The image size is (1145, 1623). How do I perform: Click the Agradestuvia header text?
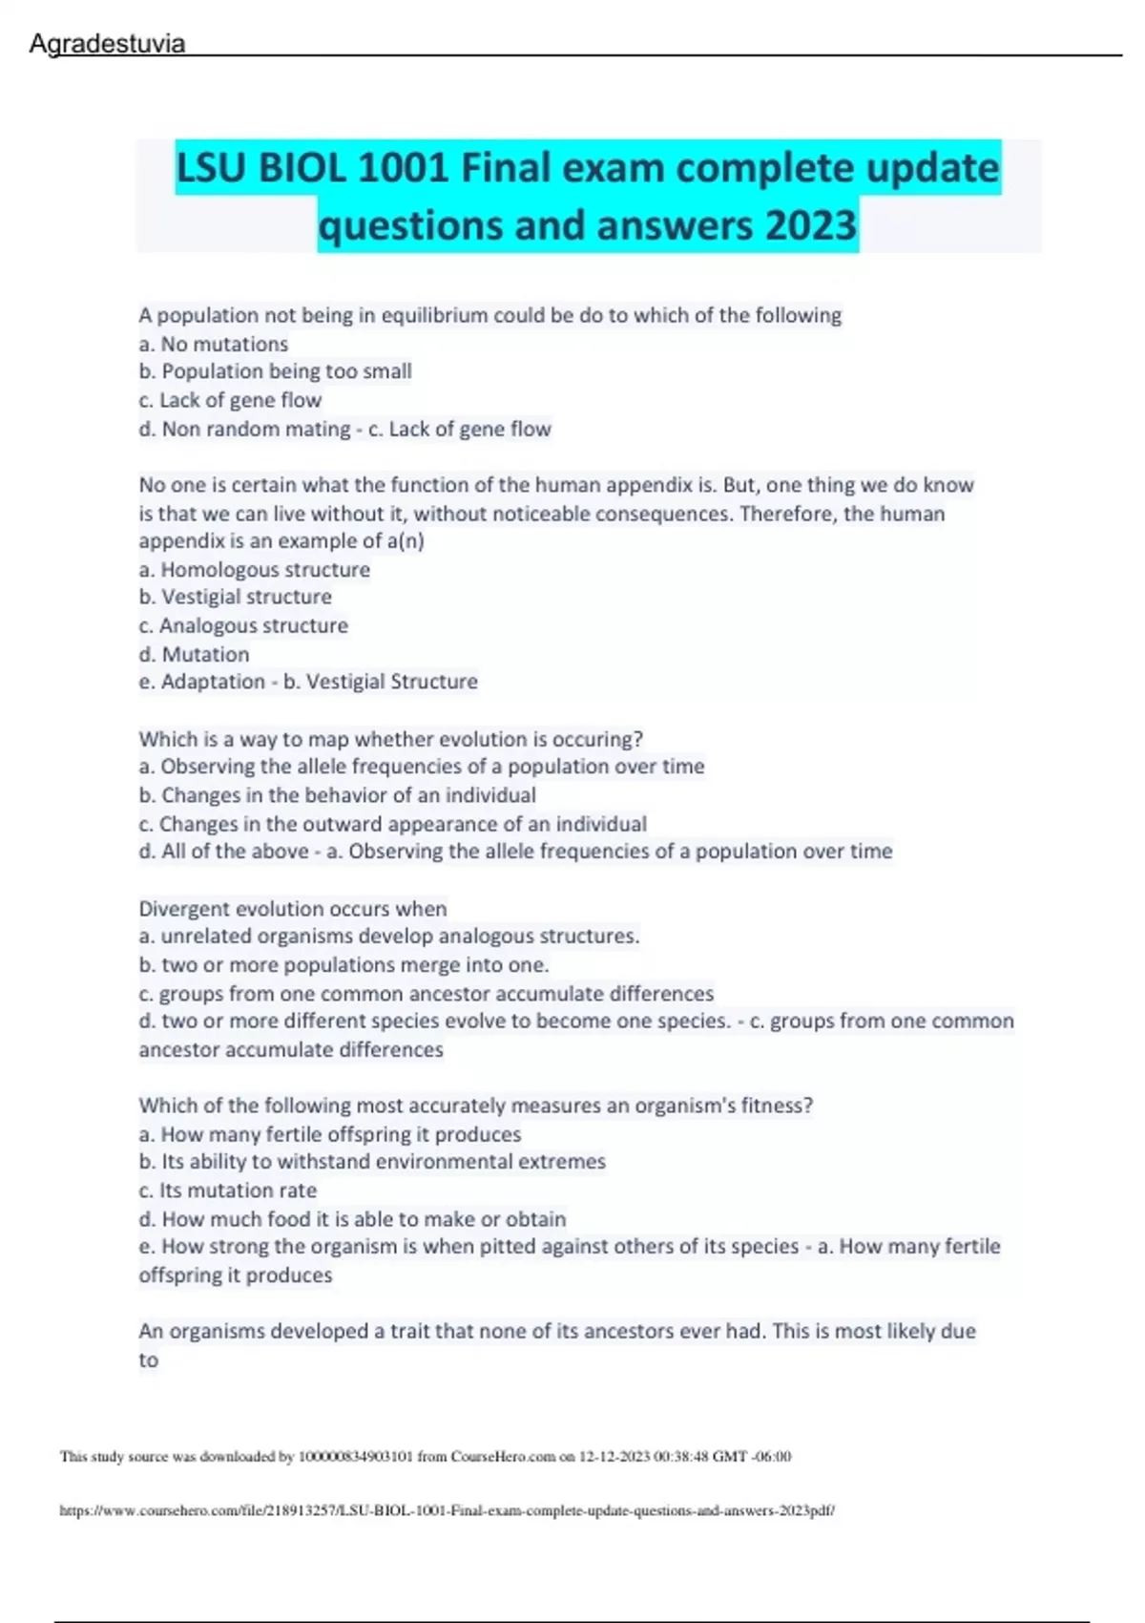coord(107,44)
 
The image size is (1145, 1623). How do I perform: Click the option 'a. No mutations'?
coord(214,344)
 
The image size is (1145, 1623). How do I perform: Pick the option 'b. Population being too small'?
coord(276,371)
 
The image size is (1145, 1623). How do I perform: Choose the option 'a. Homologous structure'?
coord(255,570)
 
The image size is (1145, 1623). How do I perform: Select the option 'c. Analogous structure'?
coord(243,626)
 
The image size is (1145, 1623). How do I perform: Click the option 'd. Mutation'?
coord(195,655)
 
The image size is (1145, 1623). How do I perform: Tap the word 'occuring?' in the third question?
coord(599,739)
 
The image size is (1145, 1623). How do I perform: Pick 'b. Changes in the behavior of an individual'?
coord(338,795)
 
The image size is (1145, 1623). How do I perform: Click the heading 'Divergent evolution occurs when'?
coord(293,909)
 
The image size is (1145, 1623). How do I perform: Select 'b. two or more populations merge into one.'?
coord(344,965)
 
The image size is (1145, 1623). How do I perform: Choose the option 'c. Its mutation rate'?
coord(228,1191)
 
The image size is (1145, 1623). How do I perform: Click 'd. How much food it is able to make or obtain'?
coord(353,1219)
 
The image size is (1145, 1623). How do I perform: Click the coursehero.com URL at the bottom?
coord(447,1511)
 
